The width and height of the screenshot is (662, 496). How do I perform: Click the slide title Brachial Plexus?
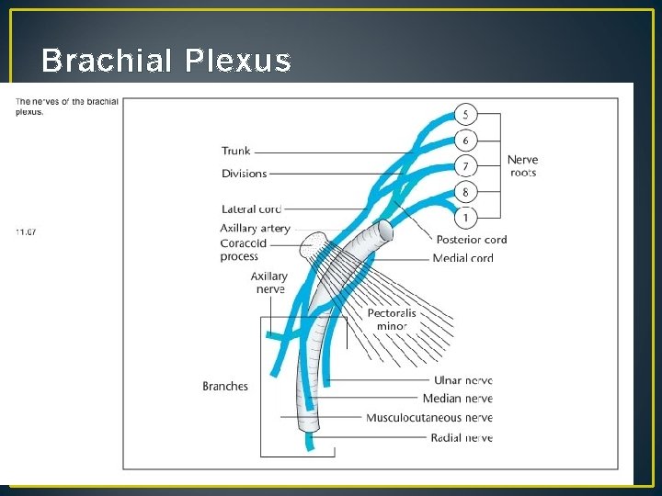click(x=166, y=61)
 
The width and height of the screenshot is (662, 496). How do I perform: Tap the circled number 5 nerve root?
click(x=465, y=115)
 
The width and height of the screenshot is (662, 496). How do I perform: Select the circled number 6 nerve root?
click(x=465, y=141)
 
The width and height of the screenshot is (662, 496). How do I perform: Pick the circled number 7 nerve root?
click(x=465, y=166)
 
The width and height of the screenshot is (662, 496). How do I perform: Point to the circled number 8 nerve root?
click(x=465, y=192)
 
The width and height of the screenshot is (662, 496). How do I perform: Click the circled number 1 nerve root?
click(x=465, y=218)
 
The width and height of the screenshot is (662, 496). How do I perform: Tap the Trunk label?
click(x=235, y=151)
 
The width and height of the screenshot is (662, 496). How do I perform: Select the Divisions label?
click(x=244, y=174)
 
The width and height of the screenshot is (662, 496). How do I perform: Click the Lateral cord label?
click(x=251, y=209)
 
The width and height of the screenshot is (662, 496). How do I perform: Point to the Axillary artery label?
click(x=255, y=228)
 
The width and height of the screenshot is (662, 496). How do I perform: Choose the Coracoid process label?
click(x=244, y=250)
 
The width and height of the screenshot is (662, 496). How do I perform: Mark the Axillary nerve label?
click(x=268, y=283)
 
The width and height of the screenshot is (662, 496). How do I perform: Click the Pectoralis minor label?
click(x=392, y=320)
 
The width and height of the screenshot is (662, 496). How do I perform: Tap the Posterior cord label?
click(x=471, y=240)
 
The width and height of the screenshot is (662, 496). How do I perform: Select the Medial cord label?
click(x=463, y=258)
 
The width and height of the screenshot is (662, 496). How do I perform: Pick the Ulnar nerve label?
click(x=462, y=380)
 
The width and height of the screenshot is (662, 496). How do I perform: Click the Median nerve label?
click(x=457, y=399)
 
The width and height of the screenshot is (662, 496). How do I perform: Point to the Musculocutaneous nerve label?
click(x=429, y=418)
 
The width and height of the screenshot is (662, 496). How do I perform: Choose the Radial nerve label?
click(x=462, y=438)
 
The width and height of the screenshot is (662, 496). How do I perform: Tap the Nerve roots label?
click(x=522, y=166)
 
